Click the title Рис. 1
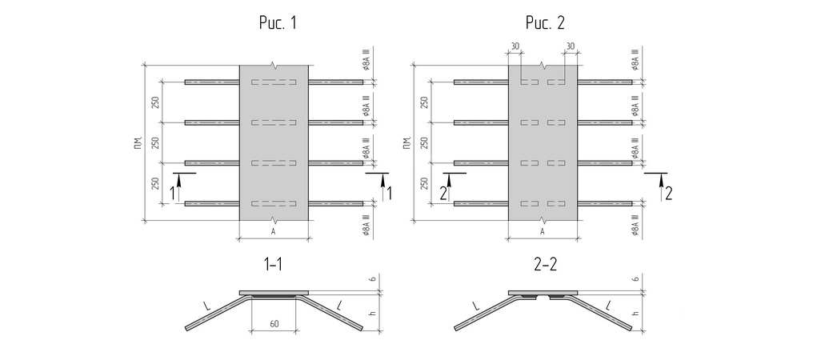pyautogui.click(x=277, y=23)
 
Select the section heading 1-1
pyautogui.click(x=274, y=264)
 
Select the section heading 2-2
pyautogui.click(x=543, y=264)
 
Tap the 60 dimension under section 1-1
pyautogui.click(x=274, y=325)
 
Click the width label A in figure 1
pyautogui.click(x=274, y=231)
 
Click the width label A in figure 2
pyautogui.click(x=543, y=231)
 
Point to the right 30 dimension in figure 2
pyautogui.click(x=571, y=46)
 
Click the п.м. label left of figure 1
pyautogui.click(x=138, y=142)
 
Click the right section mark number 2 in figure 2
pyautogui.click(x=669, y=193)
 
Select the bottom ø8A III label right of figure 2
pyautogui.click(x=635, y=226)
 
